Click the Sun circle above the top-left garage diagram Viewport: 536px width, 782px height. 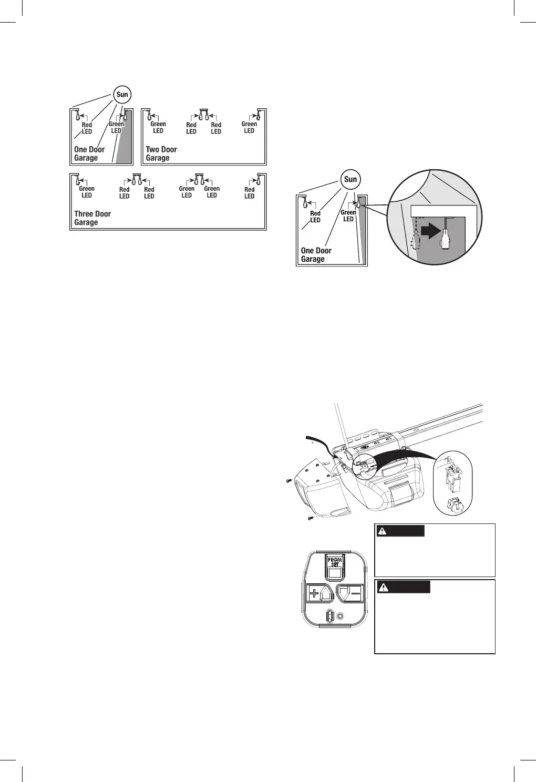coord(122,95)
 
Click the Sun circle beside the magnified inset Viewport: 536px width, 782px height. coord(351,179)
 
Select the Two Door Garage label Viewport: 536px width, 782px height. coord(161,153)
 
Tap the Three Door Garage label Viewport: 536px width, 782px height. coord(92,218)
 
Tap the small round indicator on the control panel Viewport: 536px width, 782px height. coord(341,616)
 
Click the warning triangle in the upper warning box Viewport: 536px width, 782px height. coord(383,531)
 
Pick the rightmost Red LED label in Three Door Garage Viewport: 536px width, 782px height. coord(250,193)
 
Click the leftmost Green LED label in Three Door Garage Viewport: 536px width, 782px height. coord(87,192)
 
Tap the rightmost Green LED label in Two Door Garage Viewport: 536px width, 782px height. coord(249,127)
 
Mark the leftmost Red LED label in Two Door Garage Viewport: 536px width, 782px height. coord(191,128)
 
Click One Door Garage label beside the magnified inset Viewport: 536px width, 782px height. coord(316,255)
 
